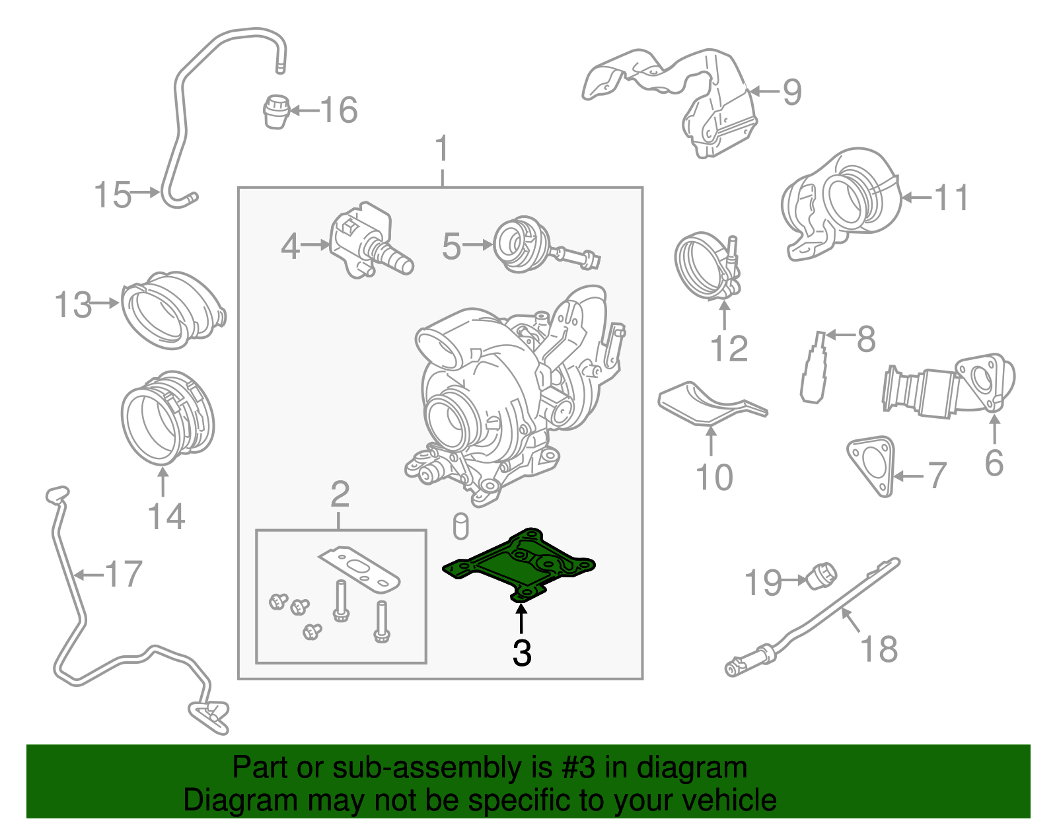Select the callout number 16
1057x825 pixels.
(340, 110)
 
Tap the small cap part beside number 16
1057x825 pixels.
(277, 111)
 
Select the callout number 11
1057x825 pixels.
(951, 197)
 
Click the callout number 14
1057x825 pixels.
(166, 517)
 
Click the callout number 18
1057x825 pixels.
(879, 649)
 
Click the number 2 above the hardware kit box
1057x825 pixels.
(340, 494)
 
